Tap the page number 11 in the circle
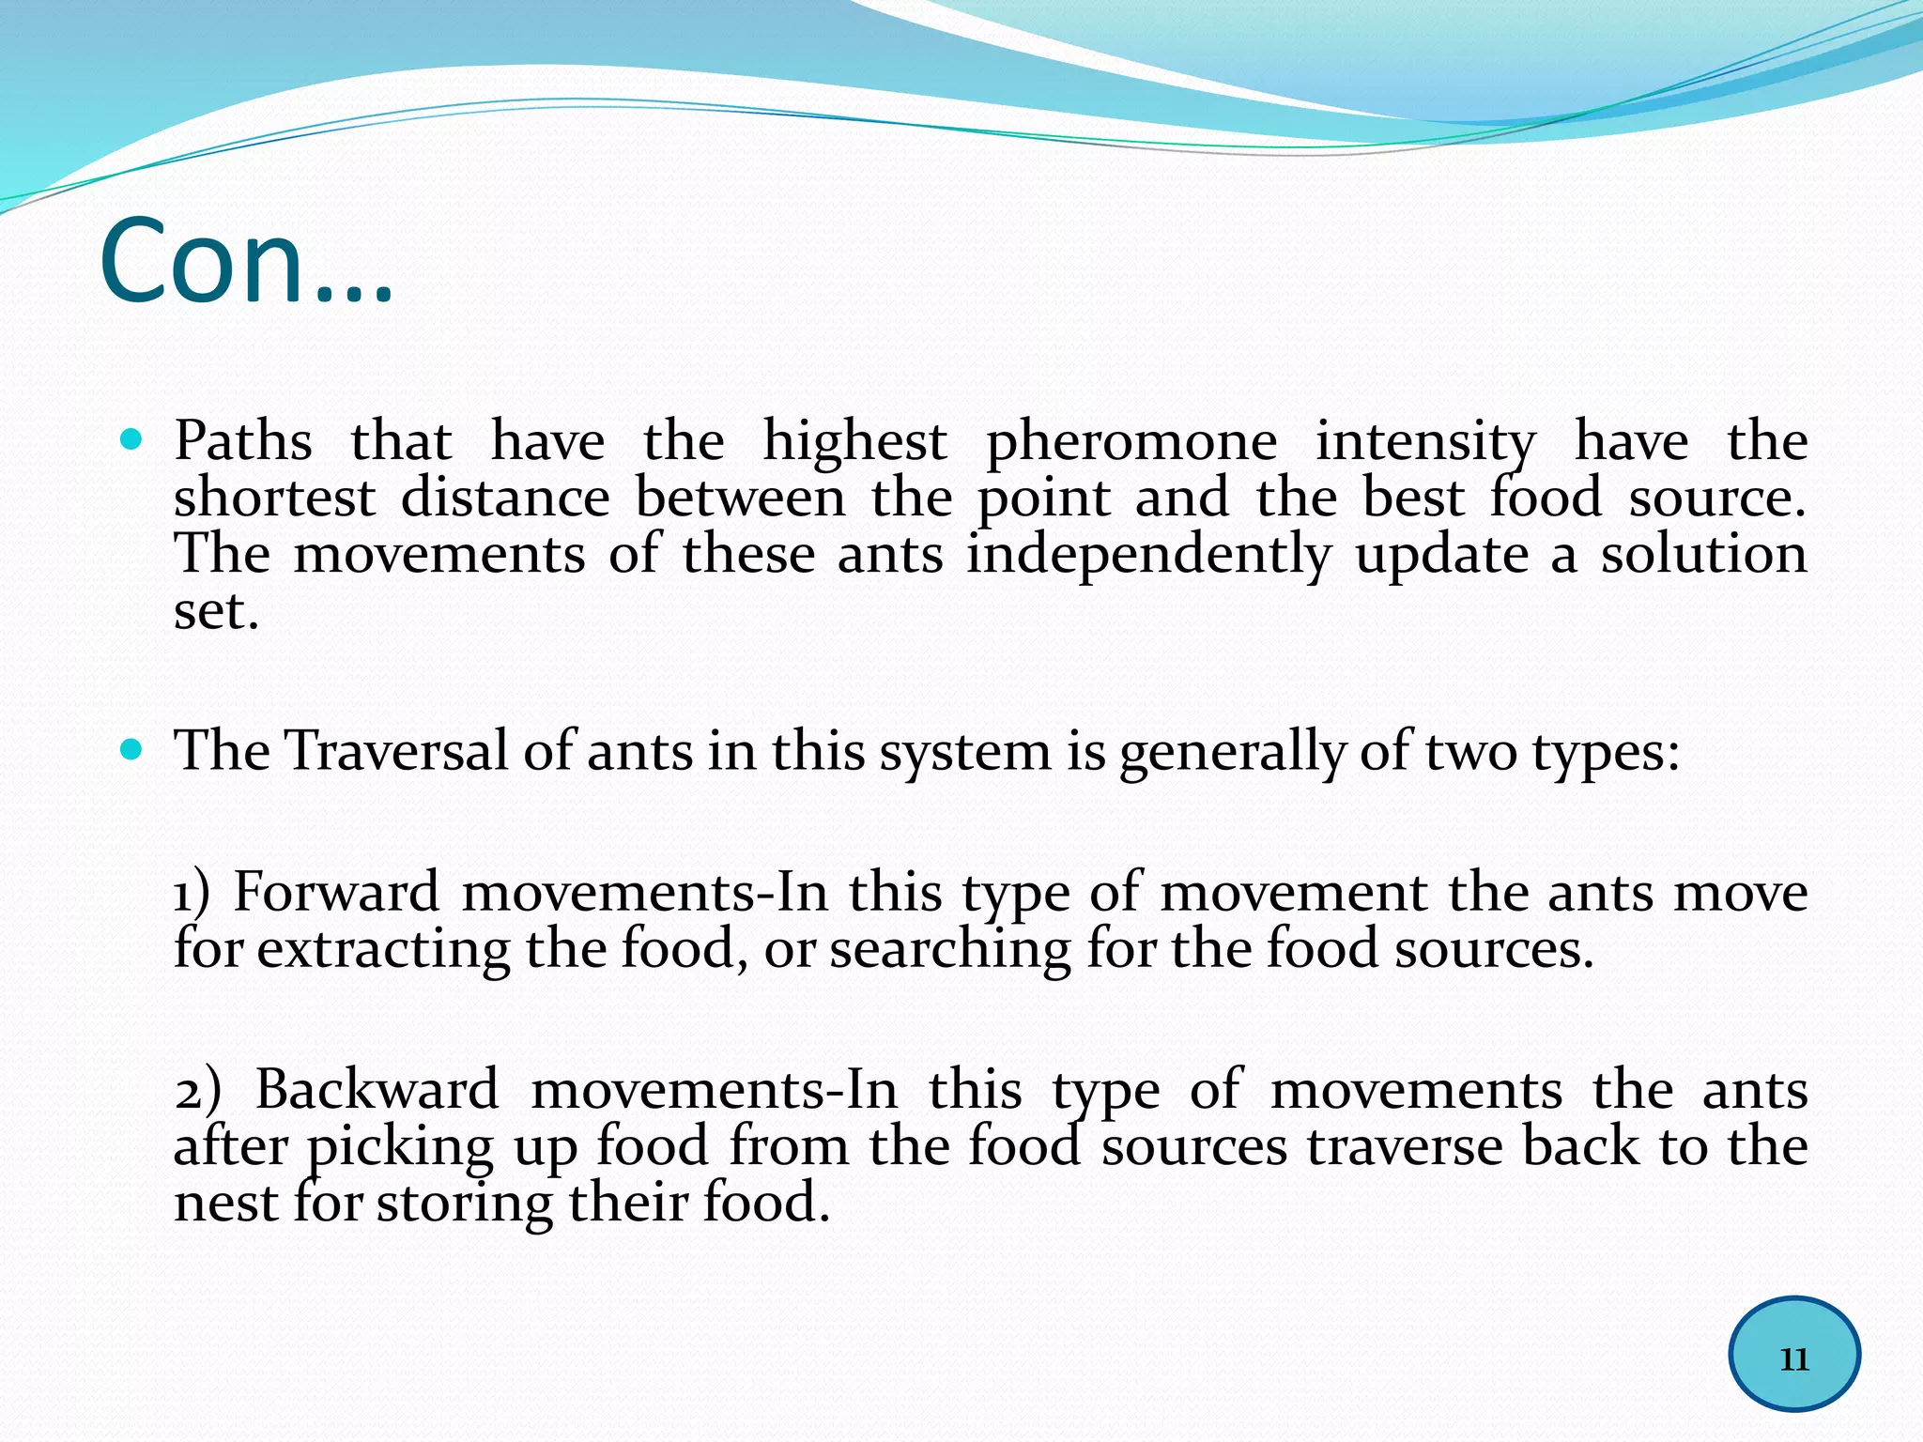pos(1794,1358)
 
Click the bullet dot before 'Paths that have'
pos(132,438)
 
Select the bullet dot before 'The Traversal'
pos(132,749)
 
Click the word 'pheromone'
pos(1131,443)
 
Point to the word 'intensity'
pos(1424,443)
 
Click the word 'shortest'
pos(274,498)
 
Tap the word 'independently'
pos(1148,556)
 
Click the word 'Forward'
pos(336,892)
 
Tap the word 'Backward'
pos(377,1090)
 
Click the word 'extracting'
pos(383,950)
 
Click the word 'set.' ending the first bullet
pos(216,612)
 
